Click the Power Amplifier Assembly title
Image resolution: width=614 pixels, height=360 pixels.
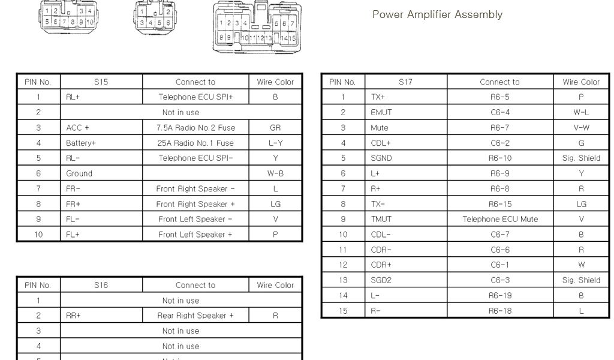[x=437, y=14]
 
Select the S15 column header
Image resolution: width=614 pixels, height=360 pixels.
[x=101, y=82]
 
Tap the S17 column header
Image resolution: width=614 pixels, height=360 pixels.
[x=405, y=82]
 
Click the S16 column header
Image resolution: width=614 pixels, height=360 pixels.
[x=101, y=285]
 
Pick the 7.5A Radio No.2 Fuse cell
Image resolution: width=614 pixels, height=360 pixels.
[x=195, y=128]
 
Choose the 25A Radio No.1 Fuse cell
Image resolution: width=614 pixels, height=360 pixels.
[x=195, y=143]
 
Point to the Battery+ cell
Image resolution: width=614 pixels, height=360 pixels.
[x=81, y=143]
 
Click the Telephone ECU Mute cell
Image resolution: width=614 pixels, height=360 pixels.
[x=499, y=219]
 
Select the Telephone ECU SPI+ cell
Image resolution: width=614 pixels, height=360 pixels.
[x=195, y=97]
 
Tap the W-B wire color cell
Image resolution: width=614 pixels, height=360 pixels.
[x=275, y=173]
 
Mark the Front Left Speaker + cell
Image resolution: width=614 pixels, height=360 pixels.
[x=195, y=234]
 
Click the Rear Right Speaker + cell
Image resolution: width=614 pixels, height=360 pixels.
[x=195, y=316]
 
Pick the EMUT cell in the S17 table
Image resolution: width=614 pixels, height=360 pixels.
[x=381, y=112]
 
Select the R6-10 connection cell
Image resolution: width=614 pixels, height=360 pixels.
[x=499, y=158]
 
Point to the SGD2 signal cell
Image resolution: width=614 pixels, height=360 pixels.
[x=381, y=280]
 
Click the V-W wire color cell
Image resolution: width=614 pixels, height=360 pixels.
[x=581, y=128]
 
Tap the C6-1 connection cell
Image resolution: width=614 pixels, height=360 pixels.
[x=499, y=265]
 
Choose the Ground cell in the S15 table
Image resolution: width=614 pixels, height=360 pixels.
[x=79, y=173]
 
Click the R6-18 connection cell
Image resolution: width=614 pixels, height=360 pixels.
[x=499, y=311]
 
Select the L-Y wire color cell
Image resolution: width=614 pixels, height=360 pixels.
[x=275, y=143]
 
